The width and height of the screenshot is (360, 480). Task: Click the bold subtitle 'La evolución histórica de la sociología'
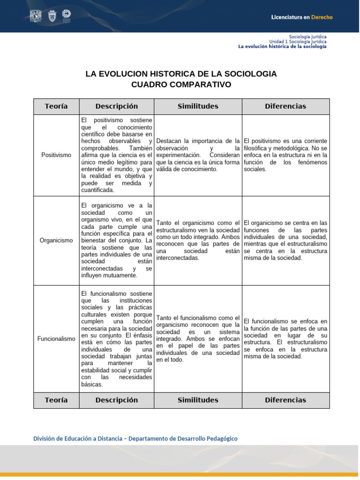(x=282, y=46)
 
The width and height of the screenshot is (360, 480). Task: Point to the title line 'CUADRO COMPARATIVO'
(x=181, y=85)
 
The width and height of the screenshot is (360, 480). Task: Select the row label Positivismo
(x=56, y=155)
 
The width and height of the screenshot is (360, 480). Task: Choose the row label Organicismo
(x=56, y=240)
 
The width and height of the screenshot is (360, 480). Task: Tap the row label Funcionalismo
(x=56, y=338)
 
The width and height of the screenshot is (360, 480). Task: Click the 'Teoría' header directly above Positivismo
(x=56, y=106)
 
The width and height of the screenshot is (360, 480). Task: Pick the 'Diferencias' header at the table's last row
(x=285, y=400)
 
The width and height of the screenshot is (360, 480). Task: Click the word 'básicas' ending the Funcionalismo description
(x=91, y=384)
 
